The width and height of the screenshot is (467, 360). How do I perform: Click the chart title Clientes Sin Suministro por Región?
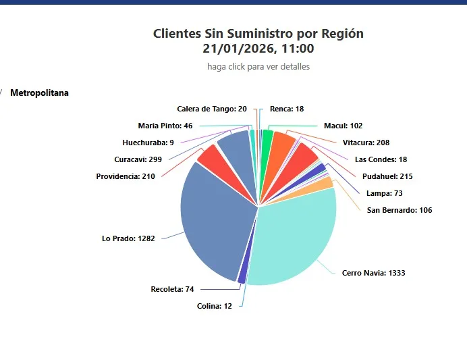(258, 33)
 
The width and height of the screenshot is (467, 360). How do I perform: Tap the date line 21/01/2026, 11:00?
(258, 49)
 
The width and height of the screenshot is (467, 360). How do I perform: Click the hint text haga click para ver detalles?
(258, 67)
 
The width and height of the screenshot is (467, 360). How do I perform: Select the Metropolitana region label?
(39, 93)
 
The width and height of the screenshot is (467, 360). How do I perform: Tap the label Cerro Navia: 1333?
(373, 273)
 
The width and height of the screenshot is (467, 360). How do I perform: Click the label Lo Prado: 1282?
(128, 238)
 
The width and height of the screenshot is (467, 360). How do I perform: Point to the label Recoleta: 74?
(172, 289)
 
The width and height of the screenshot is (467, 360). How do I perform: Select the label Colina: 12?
(214, 306)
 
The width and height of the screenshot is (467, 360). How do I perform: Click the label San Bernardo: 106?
(400, 210)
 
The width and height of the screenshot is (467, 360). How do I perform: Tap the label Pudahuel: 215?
(387, 176)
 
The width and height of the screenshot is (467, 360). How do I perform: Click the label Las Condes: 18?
(381, 159)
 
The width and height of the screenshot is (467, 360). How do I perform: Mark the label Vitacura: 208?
(366, 143)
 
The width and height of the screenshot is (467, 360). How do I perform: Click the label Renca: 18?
(286, 109)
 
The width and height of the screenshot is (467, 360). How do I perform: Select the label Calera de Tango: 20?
(212, 109)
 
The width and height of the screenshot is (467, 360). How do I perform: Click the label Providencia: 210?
(126, 176)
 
